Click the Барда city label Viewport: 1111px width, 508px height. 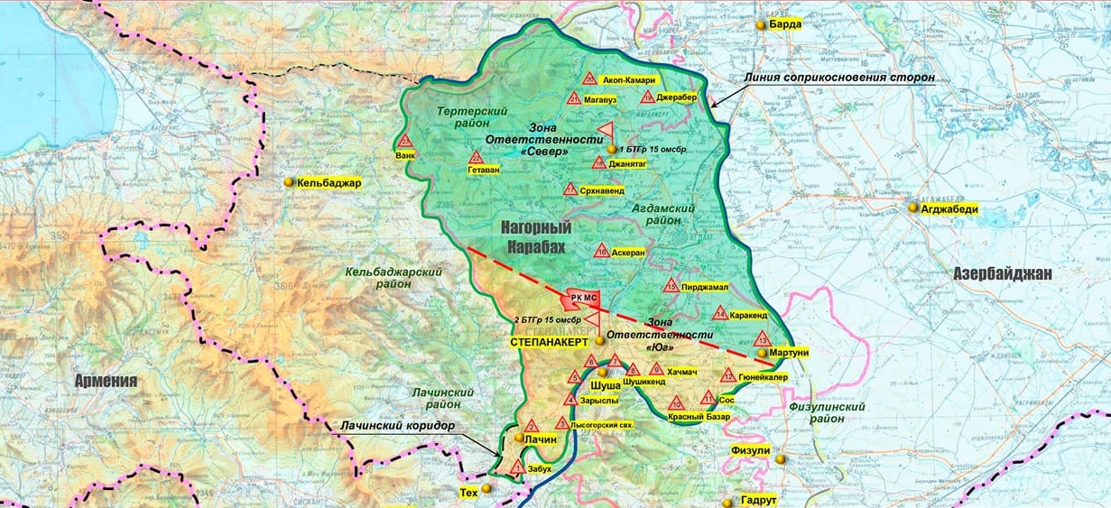[784, 24]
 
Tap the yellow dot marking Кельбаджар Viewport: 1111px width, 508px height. [289, 182]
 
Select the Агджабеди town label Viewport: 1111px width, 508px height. [949, 208]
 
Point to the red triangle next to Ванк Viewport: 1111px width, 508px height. [405, 141]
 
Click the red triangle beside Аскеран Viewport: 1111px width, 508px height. [601, 252]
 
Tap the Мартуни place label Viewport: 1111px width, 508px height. [789, 353]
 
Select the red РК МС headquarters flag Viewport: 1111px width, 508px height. [579, 297]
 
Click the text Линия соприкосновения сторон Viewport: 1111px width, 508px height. [838, 78]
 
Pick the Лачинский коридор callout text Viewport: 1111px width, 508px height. [398, 426]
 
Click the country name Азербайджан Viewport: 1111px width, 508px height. [1003, 273]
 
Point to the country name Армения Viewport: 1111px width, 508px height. [106, 381]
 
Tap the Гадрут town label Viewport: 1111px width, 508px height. [758, 500]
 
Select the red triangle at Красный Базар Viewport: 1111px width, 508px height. [676, 402]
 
